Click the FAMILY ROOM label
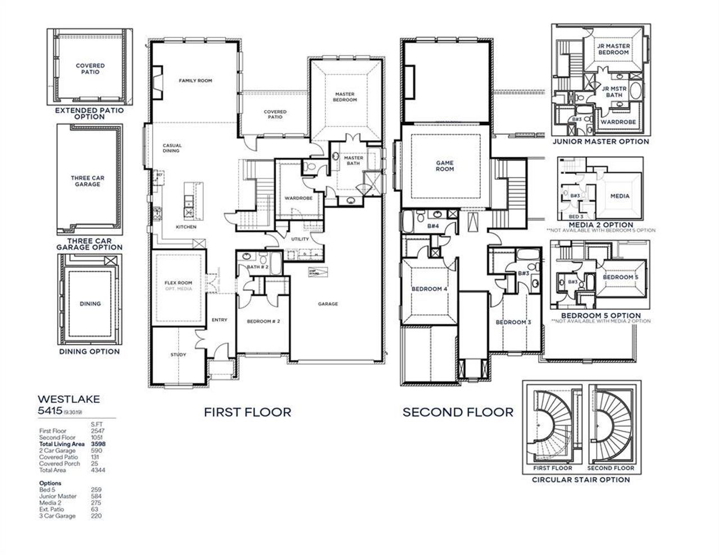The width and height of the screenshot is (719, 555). click(195, 81)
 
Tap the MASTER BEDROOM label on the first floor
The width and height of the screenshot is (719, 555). click(345, 97)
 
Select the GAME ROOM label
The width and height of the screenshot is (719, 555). click(444, 166)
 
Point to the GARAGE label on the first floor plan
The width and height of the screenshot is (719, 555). click(328, 304)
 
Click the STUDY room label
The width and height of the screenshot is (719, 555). click(178, 355)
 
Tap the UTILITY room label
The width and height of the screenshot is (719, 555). click(300, 239)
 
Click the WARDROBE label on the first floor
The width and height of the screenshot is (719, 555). click(298, 198)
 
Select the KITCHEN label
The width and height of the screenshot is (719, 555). click(186, 227)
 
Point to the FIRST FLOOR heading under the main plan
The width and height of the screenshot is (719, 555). click(247, 412)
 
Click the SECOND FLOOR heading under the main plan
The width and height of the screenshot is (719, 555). click(458, 412)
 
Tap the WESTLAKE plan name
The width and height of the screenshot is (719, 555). click(69, 399)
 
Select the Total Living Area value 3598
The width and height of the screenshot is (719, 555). click(98, 444)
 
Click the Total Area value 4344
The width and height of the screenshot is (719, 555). click(98, 470)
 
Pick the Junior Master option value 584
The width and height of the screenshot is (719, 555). click(96, 496)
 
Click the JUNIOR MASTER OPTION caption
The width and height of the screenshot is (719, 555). click(600, 142)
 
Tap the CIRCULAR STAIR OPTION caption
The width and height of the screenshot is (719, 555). click(581, 480)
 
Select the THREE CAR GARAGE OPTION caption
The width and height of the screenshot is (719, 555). click(89, 244)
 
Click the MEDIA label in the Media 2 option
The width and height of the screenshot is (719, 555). click(620, 196)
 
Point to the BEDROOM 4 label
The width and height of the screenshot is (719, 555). click(429, 289)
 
